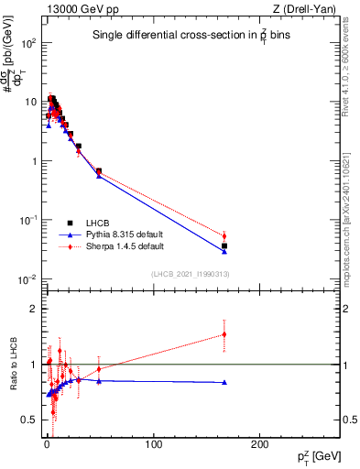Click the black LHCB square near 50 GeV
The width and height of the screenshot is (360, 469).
point(99,170)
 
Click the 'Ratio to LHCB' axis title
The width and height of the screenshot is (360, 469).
point(12,365)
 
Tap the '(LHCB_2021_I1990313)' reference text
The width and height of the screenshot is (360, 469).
point(190,275)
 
